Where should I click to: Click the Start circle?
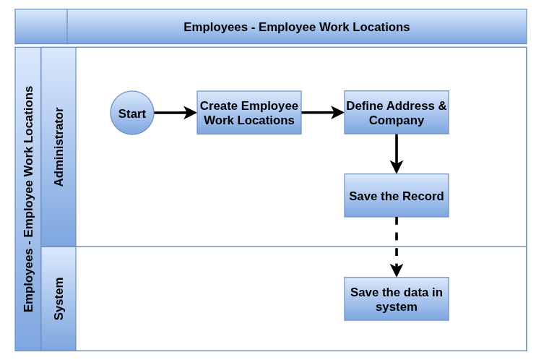132,113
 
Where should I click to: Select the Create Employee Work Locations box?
248,113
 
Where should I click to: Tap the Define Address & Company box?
396,113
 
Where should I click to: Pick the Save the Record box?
396,195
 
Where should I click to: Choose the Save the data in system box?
396,299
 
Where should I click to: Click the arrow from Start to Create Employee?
176,113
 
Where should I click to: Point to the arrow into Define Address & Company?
323,113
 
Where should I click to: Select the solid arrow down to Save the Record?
396,154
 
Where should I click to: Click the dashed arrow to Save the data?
396,247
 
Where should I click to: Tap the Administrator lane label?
59,147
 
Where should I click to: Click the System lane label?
59,299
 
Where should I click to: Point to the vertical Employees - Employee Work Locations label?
28,199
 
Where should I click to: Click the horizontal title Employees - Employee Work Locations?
296,27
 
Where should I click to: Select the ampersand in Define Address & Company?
442,106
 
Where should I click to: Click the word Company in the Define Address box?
397,121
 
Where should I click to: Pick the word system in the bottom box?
397,307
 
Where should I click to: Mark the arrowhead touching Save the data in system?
396,270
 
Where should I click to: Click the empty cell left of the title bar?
41,27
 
